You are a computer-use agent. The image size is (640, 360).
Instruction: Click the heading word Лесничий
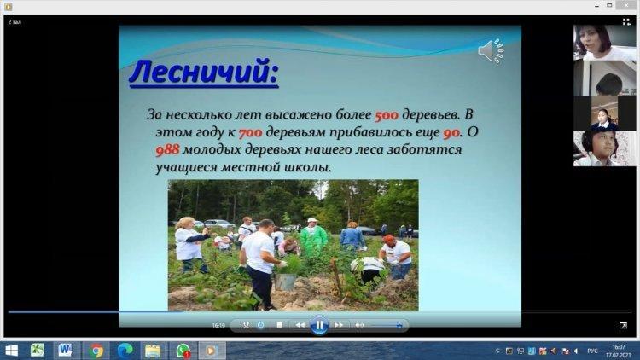point(203,72)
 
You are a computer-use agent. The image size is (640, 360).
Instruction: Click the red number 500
point(387,115)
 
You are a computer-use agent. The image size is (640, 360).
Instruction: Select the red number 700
point(250,133)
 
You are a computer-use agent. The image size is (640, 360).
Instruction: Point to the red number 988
point(167,150)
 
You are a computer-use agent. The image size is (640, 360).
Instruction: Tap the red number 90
point(451,133)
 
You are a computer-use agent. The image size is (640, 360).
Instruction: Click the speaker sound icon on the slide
point(491,51)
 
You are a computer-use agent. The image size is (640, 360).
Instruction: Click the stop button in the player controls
point(280,325)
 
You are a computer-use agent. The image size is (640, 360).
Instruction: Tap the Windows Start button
point(11,351)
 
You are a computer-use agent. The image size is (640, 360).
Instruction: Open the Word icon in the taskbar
point(65,351)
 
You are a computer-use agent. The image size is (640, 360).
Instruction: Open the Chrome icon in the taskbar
point(96,351)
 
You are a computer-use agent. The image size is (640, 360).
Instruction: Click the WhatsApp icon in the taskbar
point(183,351)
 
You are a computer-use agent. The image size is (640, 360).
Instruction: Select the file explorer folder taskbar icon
point(153,351)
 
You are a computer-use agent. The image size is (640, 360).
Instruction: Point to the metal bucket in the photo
point(285,282)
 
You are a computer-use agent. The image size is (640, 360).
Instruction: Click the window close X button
point(626,5)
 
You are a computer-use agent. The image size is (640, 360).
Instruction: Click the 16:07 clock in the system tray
point(619,347)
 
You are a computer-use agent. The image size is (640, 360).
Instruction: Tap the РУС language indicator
point(592,351)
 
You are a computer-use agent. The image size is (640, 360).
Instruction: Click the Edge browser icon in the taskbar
point(125,351)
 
